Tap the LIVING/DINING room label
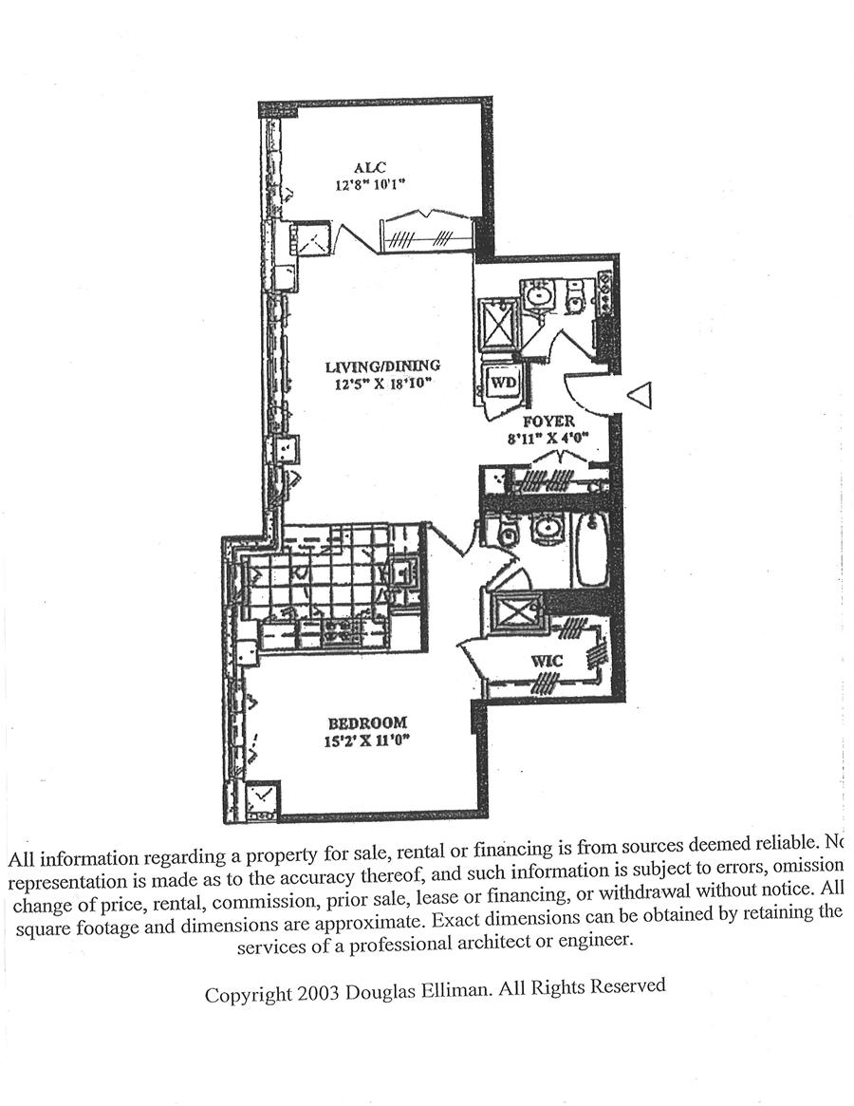[x=382, y=366]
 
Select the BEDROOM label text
[x=367, y=722]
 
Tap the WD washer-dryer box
[x=502, y=383]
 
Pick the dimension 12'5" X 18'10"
[x=382, y=384]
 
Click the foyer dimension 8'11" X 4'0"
[x=550, y=439]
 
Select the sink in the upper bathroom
[x=537, y=294]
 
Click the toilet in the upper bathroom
[x=575, y=298]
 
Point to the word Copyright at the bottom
[x=249, y=994]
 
